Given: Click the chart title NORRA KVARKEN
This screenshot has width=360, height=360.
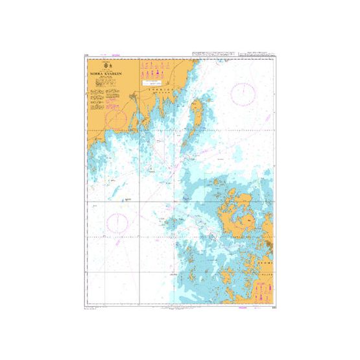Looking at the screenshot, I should coord(107,75).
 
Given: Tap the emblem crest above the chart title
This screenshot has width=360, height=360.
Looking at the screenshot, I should coord(107,66).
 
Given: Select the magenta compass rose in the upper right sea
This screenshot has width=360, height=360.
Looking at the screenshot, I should coord(244,95).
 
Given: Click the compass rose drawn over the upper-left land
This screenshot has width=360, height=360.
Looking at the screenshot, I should coord(118,119).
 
